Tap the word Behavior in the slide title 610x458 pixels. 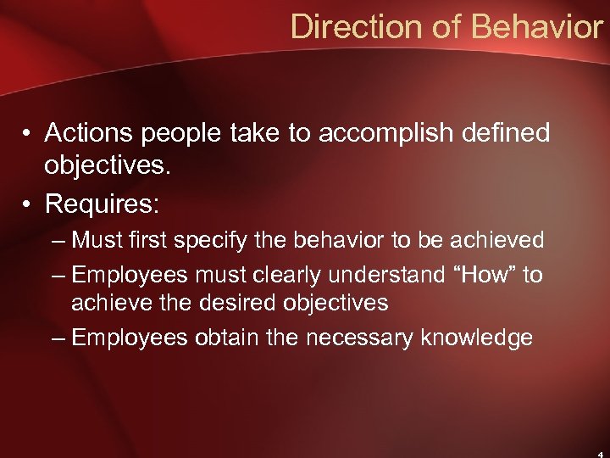(x=537, y=27)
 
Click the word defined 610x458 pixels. (x=506, y=132)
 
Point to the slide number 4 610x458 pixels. (x=599, y=453)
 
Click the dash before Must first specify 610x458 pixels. (x=58, y=242)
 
